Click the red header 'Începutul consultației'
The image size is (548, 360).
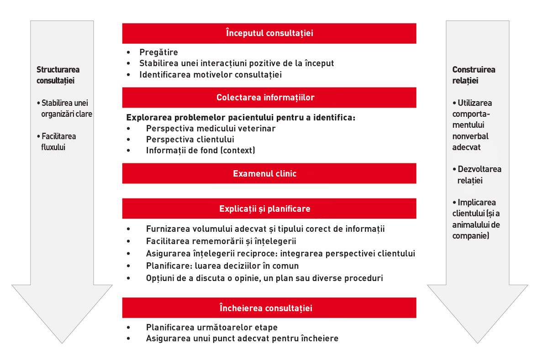pyautogui.click(x=269, y=33)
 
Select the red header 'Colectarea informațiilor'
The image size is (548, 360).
pyautogui.click(x=269, y=98)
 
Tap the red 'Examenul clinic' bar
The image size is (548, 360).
pyautogui.click(x=269, y=173)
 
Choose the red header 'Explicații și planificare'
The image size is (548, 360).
pyautogui.click(x=269, y=209)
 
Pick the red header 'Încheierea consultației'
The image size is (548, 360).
pyautogui.click(x=269, y=308)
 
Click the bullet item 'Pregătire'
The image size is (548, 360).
pyautogui.click(x=158, y=52)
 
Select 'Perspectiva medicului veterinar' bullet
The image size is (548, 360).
pyautogui.click(x=211, y=129)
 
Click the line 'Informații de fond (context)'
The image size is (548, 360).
pyautogui.click(x=200, y=151)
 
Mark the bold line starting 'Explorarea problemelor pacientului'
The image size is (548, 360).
pyautogui.click(x=241, y=117)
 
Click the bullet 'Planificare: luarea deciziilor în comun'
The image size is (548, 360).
pyautogui.click(x=222, y=266)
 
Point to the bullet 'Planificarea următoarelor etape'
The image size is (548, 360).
pyautogui.click(x=211, y=328)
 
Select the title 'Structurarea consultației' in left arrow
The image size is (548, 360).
pyautogui.click(x=58, y=75)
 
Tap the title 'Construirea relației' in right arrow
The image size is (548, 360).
pyautogui.click(x=474, y=75)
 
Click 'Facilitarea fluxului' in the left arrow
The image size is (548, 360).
pyautogui.click(x=58, y=141)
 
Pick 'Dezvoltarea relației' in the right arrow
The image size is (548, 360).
pyautogui.click(x=477, y=175)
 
